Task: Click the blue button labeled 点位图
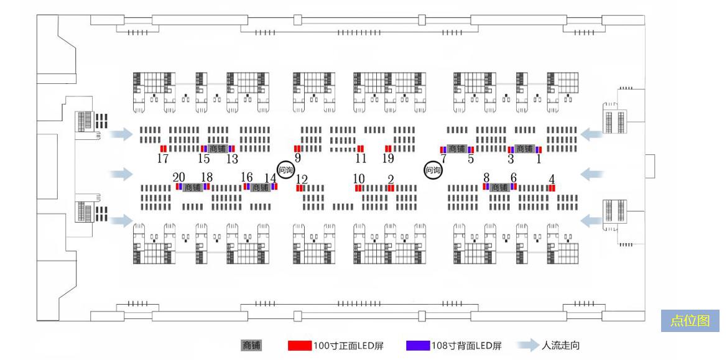(x=690, y=321)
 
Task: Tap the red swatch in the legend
(x=299, y=346)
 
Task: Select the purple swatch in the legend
(x=418, y=346)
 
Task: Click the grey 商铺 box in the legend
(x=251, y=346)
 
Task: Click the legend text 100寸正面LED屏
(x=348, y=346)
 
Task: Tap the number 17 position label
(x=163, y=159)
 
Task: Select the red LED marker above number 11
(x=361, y=149)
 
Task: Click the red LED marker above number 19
(x=388, y=149)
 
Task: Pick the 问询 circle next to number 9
(x=285, y=169)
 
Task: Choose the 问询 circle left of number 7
(x=433, y=169)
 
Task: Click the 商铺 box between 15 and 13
(x=217, y=149)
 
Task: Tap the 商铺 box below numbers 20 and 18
(x=193, y=187)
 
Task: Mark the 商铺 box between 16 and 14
(x=261, y=187)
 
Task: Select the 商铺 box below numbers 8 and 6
(x=499, y=187)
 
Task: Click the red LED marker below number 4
(x=552, y=188)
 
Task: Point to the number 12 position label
(x=302, y=180)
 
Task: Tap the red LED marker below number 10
(x=359, y=188)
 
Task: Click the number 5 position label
(x=471, y=159)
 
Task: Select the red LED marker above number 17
(x=164, y=149)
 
